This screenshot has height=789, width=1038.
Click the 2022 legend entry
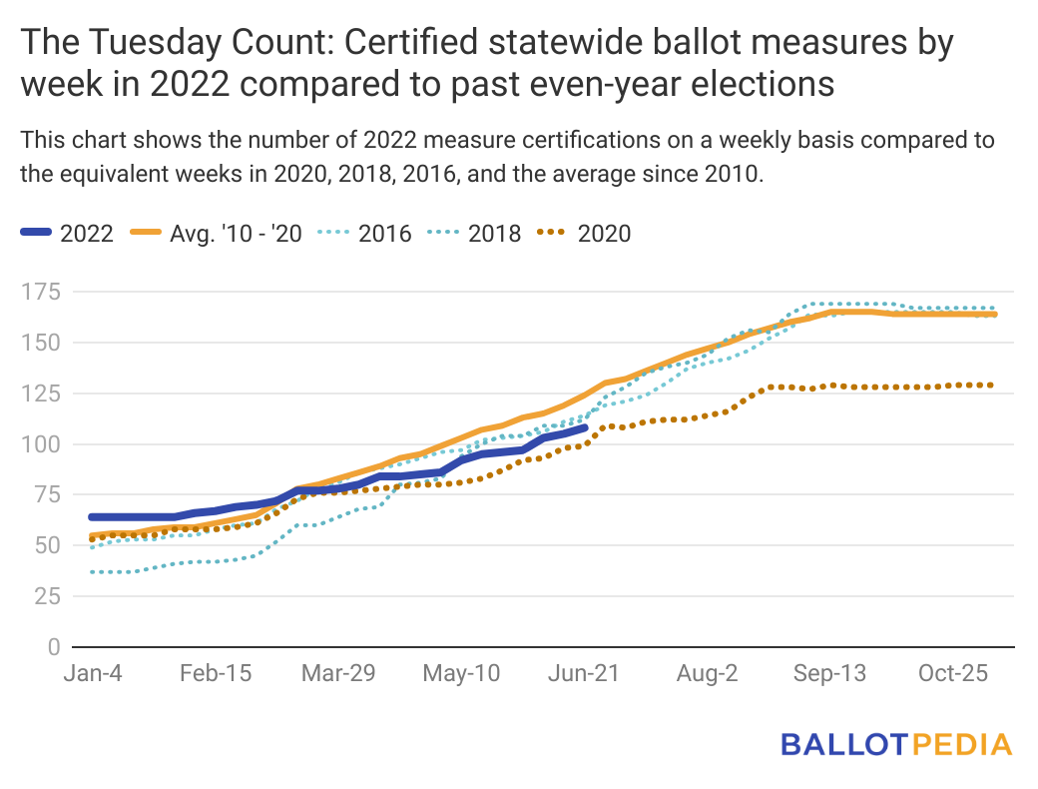[67, 234]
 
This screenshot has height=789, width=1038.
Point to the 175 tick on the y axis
[47, 292]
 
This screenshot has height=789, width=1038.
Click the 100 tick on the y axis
[47, 444]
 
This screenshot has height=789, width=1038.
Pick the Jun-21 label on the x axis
[585, 674]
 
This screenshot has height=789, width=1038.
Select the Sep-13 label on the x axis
[830, 674]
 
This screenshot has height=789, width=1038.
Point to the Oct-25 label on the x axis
[952, 674]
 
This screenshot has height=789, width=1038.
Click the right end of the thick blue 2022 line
[586, 427]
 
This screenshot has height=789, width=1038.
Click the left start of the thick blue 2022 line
[91, 516]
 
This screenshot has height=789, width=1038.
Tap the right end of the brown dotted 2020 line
[993, 385]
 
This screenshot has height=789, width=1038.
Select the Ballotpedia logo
[895, 744]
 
